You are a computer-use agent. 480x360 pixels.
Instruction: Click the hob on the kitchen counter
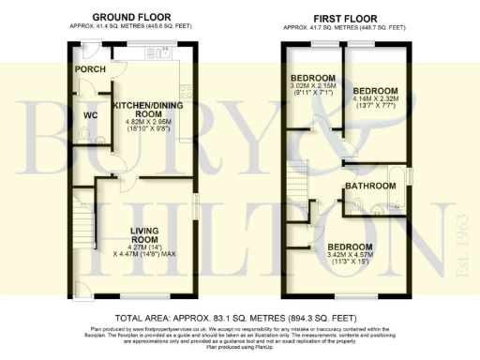(185, 91)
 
